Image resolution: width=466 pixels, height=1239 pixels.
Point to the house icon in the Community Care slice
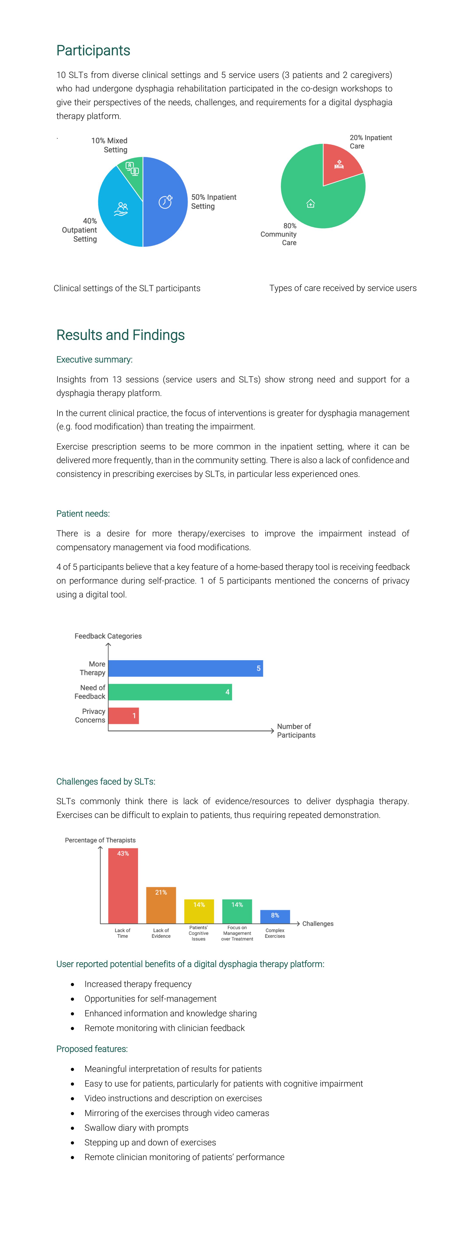click(x=311, y=203)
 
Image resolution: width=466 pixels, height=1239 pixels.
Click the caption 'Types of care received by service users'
click(x=343, y=288)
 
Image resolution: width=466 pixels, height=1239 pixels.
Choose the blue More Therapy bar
click(x=185, y=668)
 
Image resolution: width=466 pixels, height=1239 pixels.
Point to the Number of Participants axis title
click(x=296, y=731)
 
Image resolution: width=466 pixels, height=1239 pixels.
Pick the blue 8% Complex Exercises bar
click(x=275, y=916)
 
